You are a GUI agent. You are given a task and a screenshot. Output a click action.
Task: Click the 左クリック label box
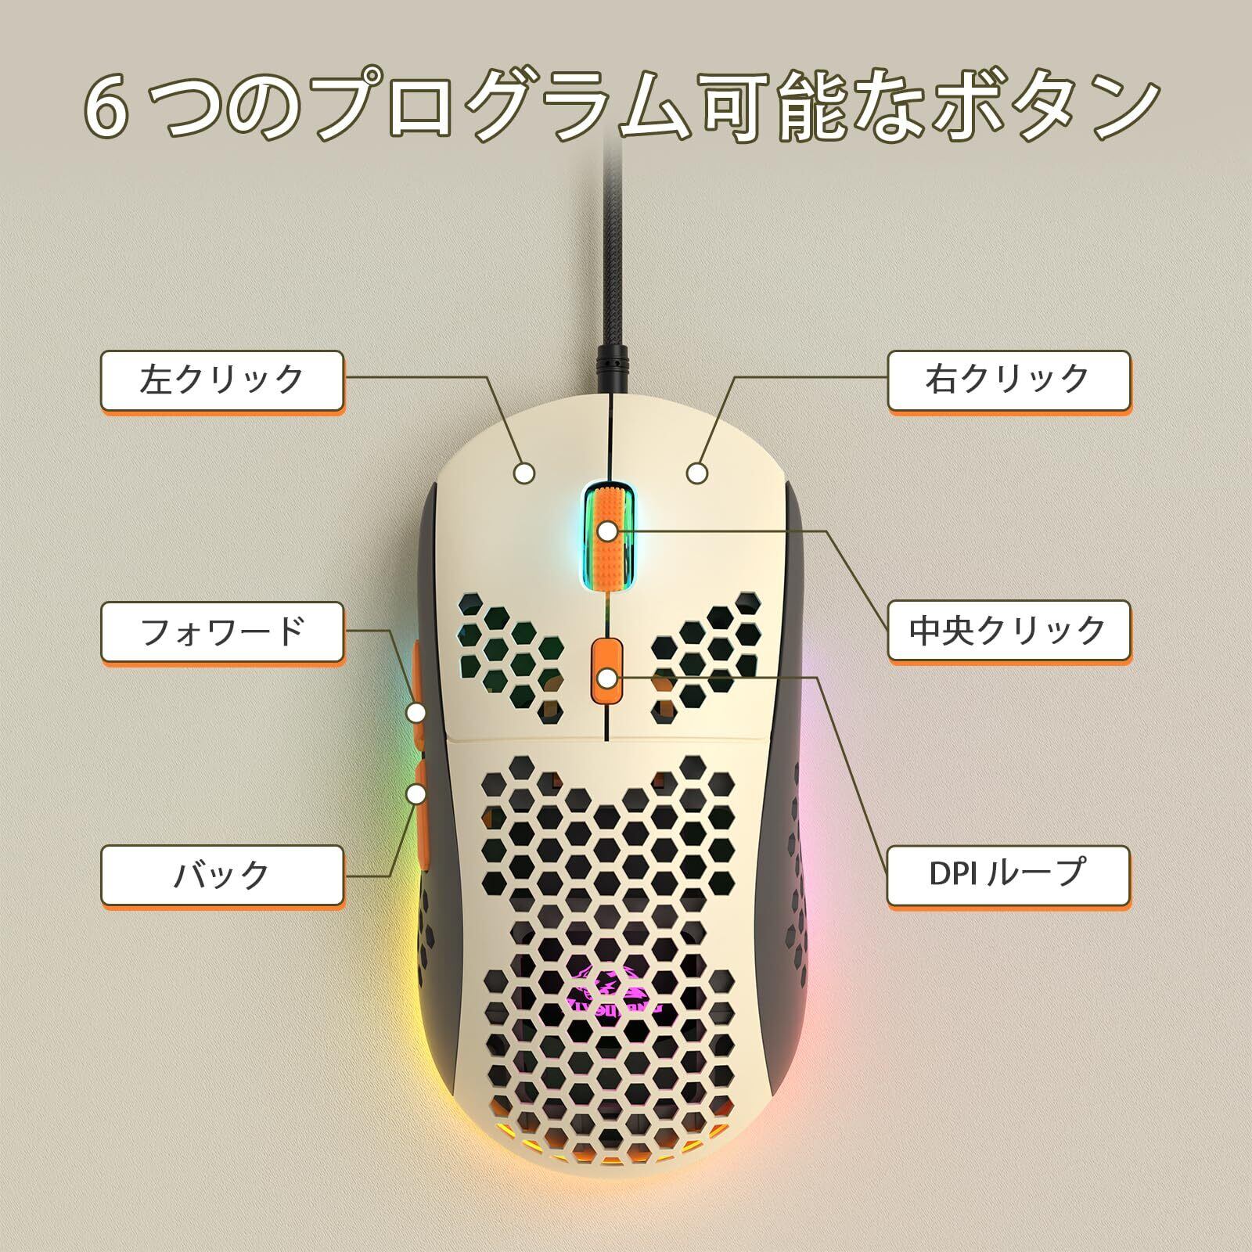(222, 380)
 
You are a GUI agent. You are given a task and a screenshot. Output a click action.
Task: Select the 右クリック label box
(1008, 380)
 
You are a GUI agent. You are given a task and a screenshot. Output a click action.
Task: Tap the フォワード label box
(222, 631)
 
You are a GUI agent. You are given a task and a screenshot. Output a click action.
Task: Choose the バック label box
(222, 874)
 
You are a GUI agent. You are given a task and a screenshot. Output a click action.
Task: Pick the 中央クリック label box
(1008, 631)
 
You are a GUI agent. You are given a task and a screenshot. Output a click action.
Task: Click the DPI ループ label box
(1008, 874)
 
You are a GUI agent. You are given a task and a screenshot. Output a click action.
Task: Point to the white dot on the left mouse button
(525, 473)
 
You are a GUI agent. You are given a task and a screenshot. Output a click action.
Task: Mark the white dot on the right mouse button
(697, 473)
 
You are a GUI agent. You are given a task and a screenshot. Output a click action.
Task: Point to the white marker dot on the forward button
(417, 712)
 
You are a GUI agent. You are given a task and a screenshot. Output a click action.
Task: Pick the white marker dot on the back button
(417, 794)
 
